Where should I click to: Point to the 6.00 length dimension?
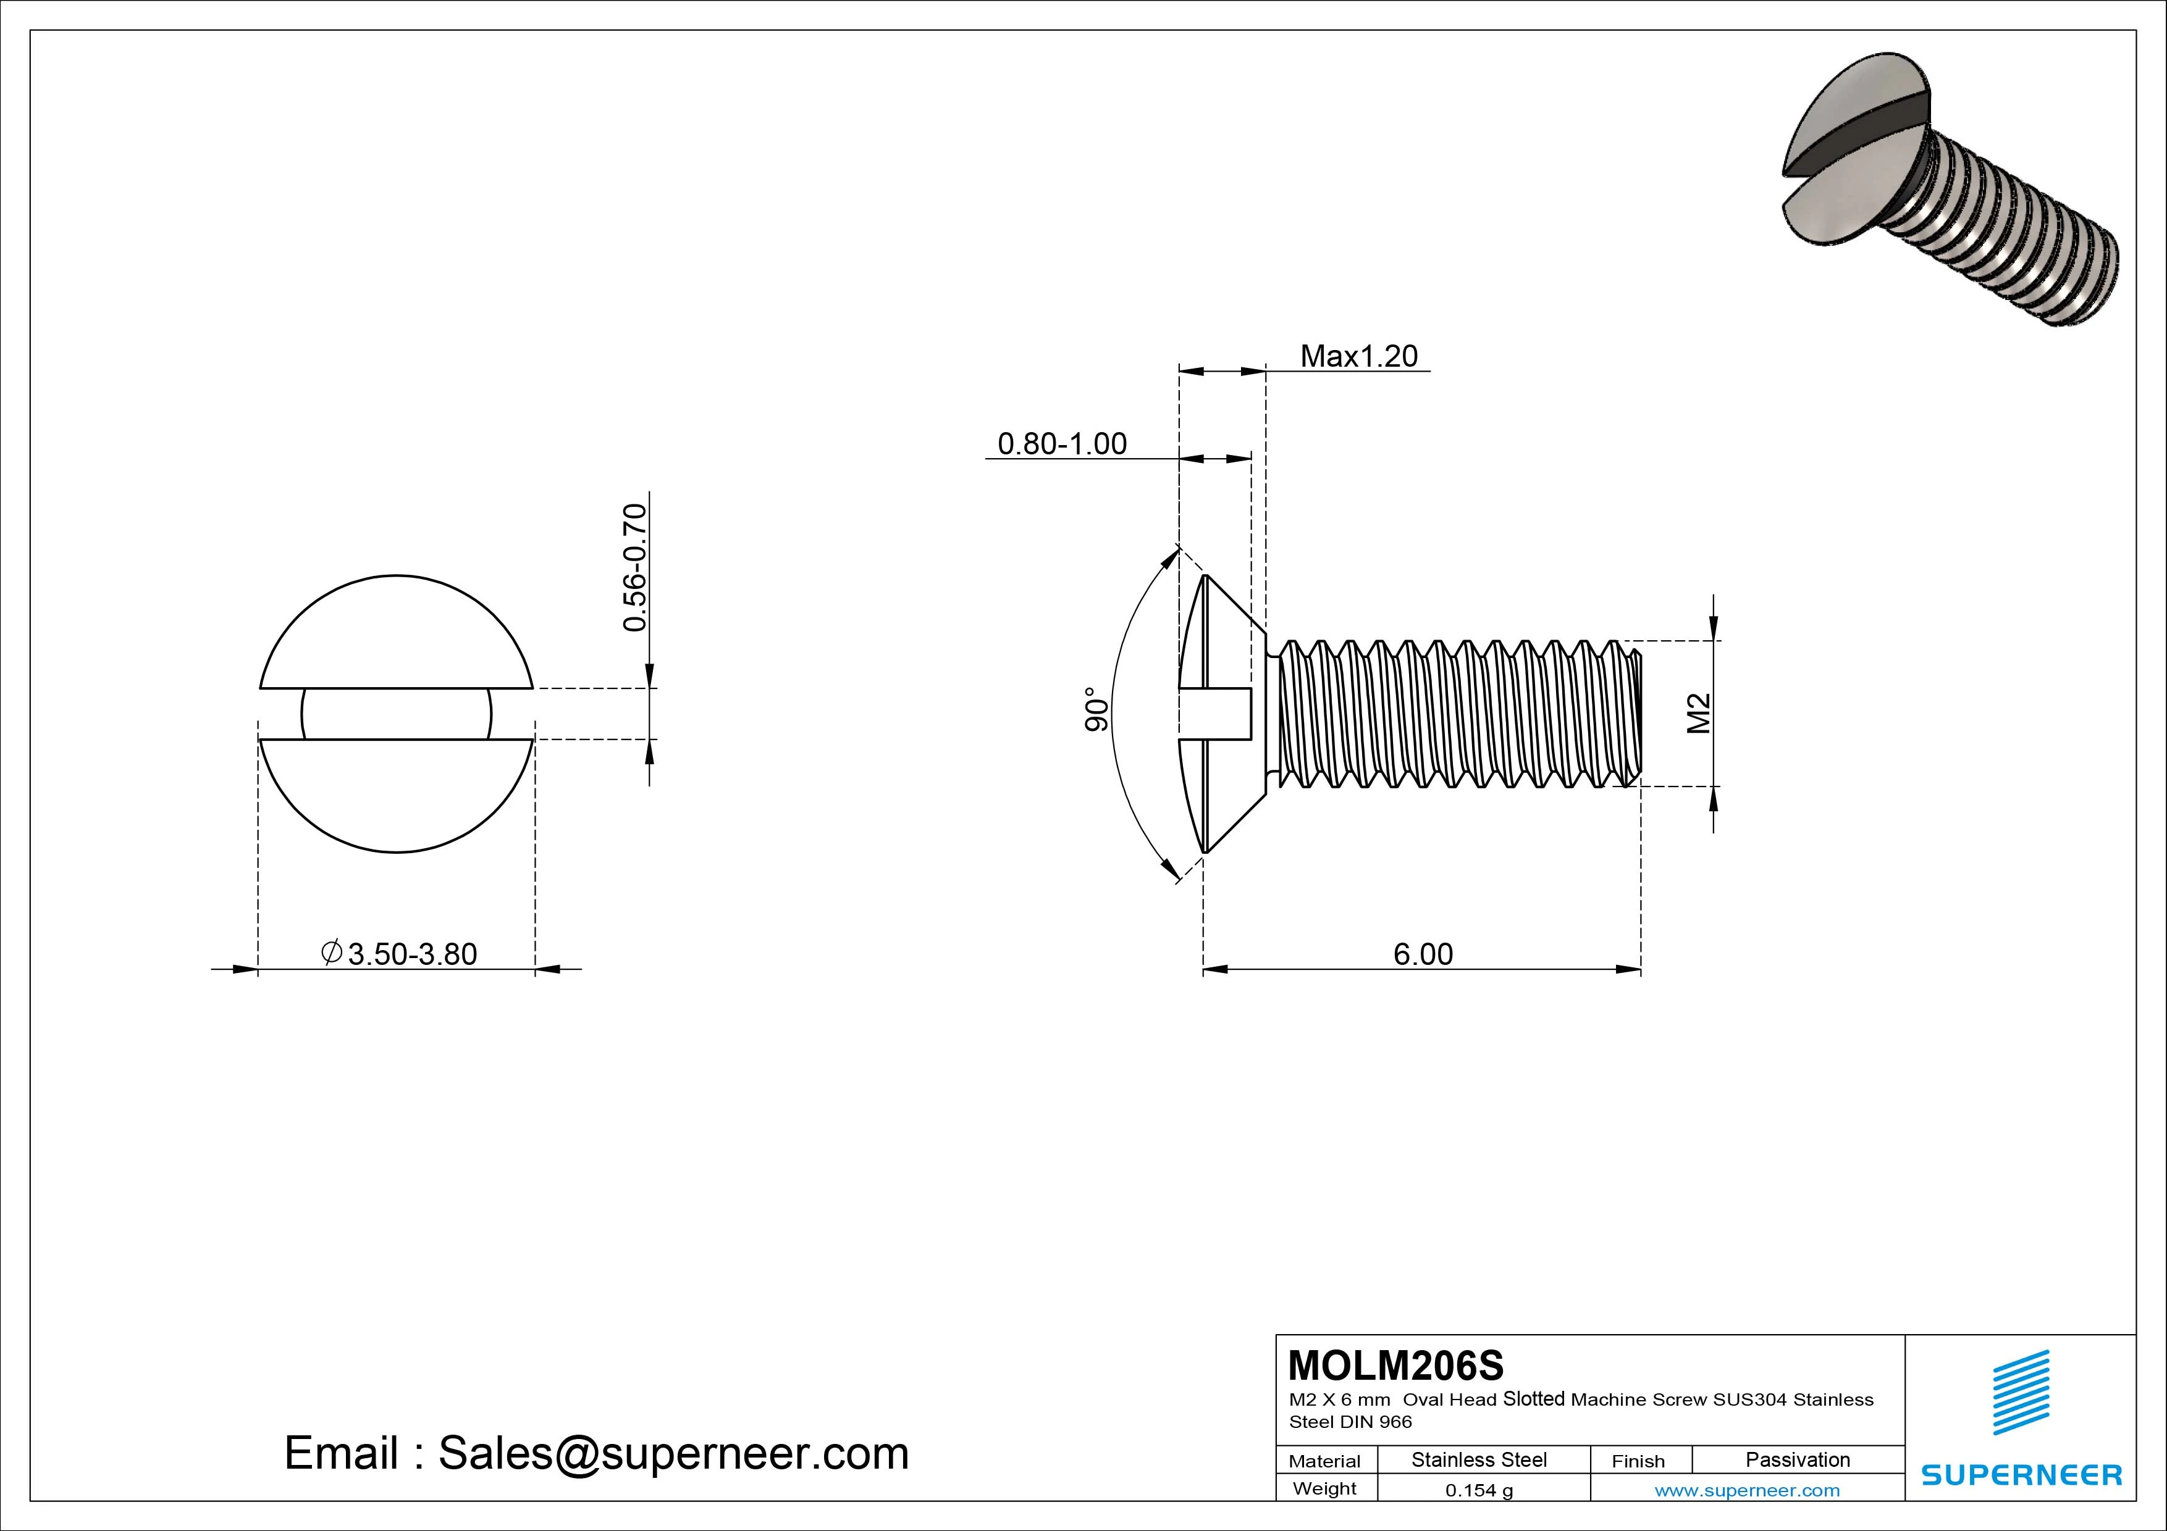(x=1423, y=954)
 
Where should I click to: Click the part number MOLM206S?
(x=1395, y=1365)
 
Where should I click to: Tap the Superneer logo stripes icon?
(x=2021, y=1391)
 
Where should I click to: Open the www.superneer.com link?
(x=1747, y=1490)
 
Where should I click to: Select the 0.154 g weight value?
(x=1479, y=1490)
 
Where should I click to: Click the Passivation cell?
(x=1797, y=1459)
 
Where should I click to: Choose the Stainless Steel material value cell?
(x=1479, y=1459)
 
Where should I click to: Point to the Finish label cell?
(x=1638, y=1461)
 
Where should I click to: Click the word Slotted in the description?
(x=1534, y=1399)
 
